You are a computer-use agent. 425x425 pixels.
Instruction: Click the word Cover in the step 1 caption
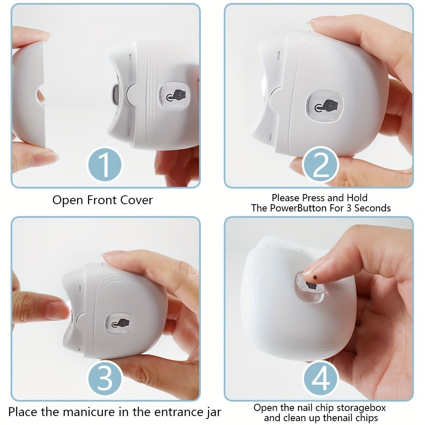coord(136,200)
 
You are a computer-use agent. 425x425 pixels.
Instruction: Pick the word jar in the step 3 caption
coord(213,412)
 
